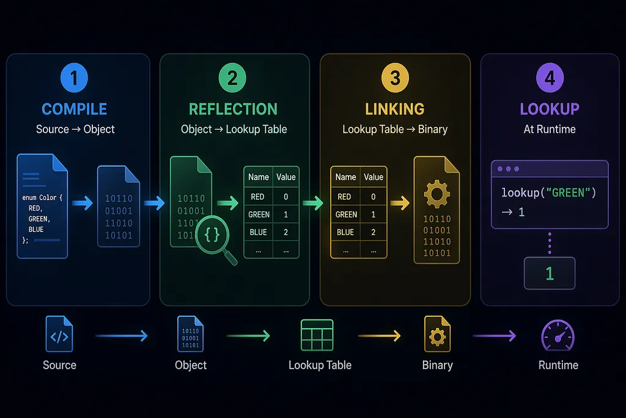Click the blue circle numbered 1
(74, 78)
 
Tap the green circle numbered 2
(232, 78)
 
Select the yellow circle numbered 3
(395, 78)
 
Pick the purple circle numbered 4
(550, 78)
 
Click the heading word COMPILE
(74, 109)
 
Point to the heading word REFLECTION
(233, 109)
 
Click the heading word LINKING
(395, 109)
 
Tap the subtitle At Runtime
(550, 130)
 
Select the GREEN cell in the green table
(259, 215)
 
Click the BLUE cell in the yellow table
(345, 232)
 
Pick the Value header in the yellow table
(374, 177)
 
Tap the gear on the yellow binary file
(436, 194)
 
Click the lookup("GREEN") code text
(548, 193)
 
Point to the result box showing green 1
(550, 274)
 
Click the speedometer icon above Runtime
(558, 335)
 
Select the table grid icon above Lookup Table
(317, 335)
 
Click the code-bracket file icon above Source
(59, 334)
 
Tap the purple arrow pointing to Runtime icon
(494, 335)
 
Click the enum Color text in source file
(42, 198)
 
